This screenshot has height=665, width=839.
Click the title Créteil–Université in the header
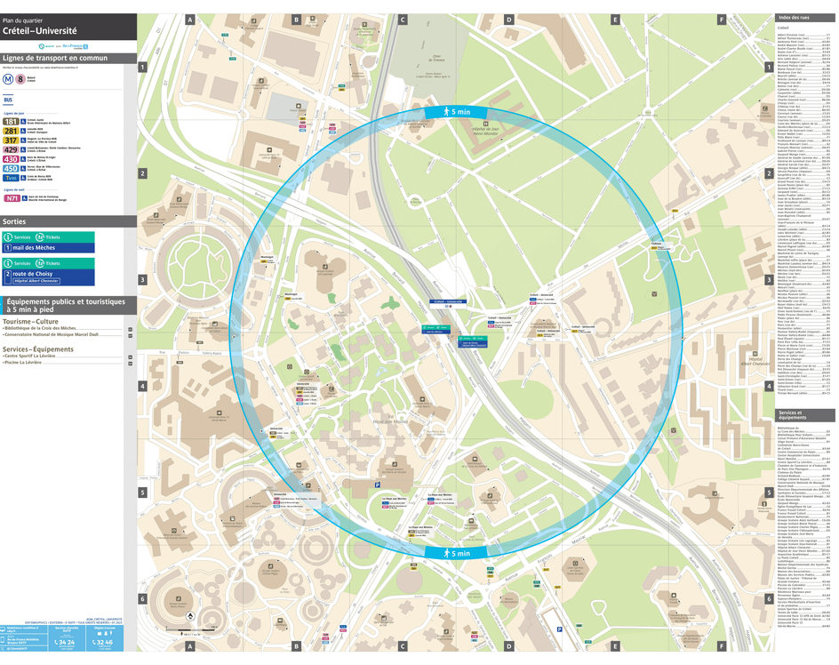[39, 30]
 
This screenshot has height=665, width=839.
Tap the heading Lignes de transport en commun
[55, 58]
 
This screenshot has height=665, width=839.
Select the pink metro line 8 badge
[20, 78]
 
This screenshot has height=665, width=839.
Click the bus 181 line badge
[11, 122]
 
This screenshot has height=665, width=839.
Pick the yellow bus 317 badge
[11, 140]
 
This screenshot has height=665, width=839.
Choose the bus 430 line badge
[11, 159]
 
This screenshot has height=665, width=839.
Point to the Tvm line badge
[11, 178]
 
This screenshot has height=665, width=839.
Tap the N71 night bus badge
[12, 198]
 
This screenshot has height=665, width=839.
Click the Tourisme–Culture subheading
[30, 321]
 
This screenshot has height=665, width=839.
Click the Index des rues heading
[794, 18]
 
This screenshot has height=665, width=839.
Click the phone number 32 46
[104, 641]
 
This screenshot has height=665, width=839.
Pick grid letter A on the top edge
[189, 19]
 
